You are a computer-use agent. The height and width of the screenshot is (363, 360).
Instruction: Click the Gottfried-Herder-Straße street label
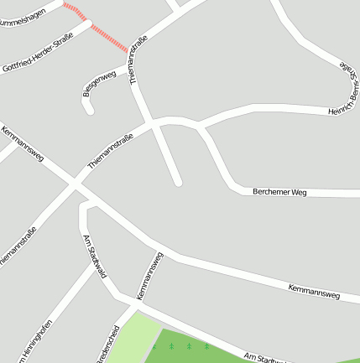[x=38, y=51]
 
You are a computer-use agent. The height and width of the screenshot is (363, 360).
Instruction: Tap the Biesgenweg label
[x=99, y=85]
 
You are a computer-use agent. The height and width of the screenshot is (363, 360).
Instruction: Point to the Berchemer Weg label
[x=280, y=192]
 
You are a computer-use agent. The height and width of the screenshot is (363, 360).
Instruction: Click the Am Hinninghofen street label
[x=34, y=339]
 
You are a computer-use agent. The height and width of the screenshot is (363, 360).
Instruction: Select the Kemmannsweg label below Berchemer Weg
[x=313, y=291]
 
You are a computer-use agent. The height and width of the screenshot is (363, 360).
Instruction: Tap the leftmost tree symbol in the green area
[x=154, y=345]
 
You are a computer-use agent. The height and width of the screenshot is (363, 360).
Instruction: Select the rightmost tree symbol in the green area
[x=206, y=345]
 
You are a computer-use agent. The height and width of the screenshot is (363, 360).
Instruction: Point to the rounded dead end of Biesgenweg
[x=89, y=108]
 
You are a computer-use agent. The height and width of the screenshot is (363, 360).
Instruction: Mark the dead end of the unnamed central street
[x=177, y=180]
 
